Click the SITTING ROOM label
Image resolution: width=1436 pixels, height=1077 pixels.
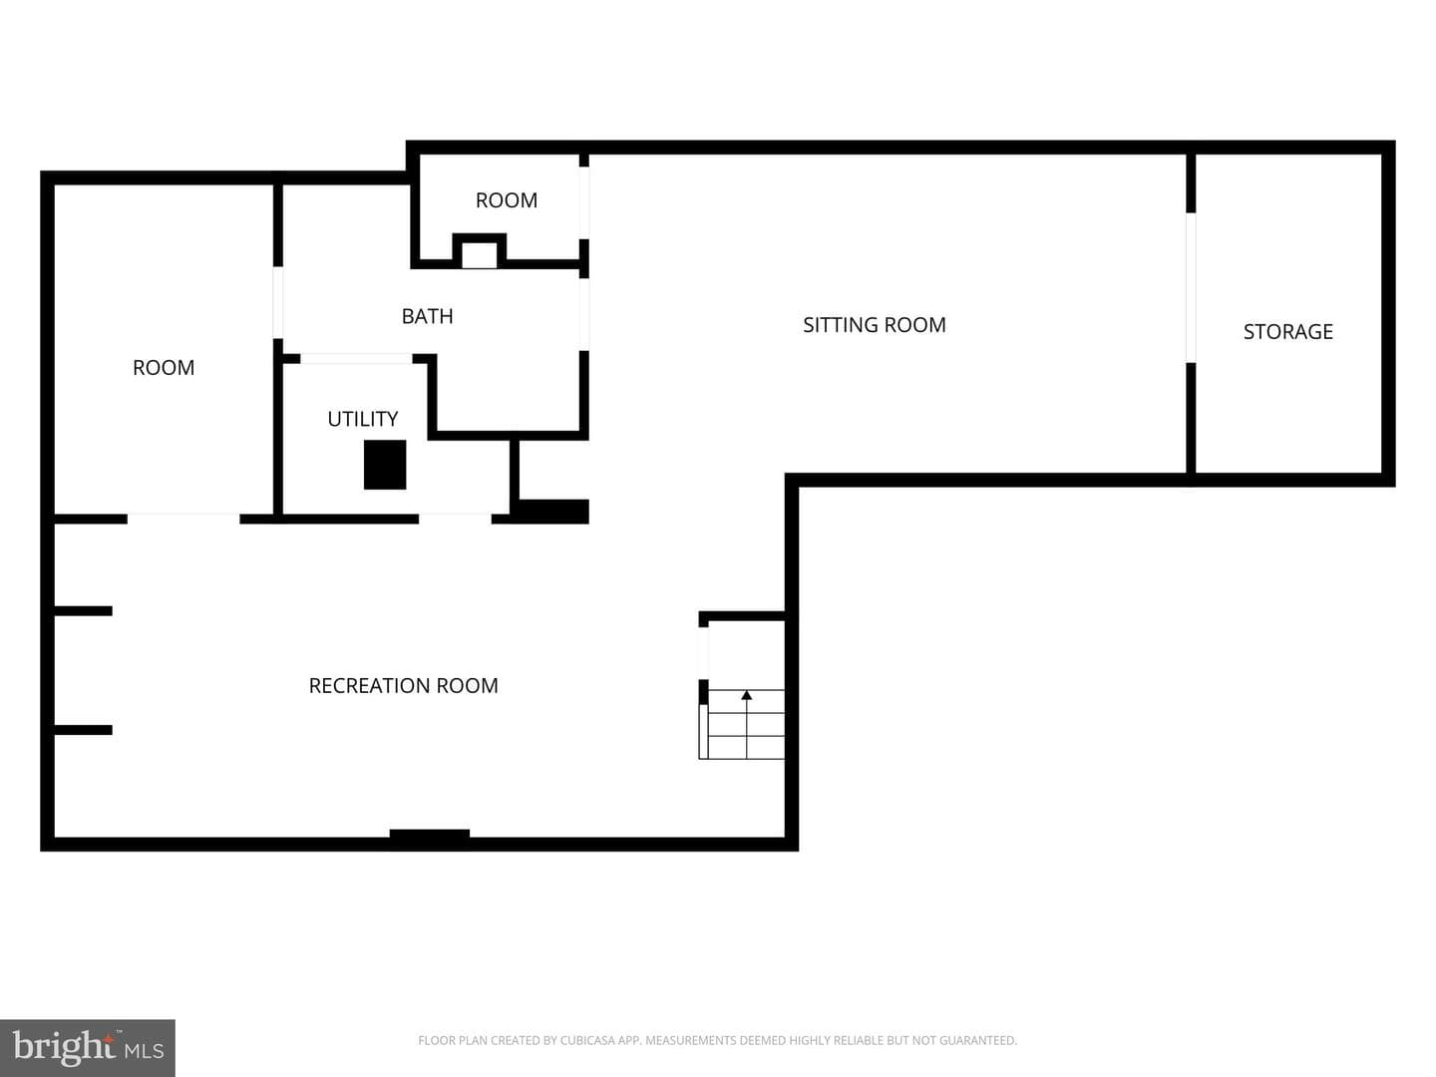pyautogui.click(x=874, y=325)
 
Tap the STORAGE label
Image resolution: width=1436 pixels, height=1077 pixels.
pyautogui.click(x=1287, y=331)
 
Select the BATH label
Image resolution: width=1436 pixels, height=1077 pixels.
pyautogui.click(x=427, y=316)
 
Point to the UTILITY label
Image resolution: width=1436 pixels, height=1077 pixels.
pyautogui.click(x=362, y=419)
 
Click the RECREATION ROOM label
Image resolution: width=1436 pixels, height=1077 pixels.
pyautogui.click(x=403, y=685)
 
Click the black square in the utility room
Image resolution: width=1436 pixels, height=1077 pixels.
pyautogui.click(x=385, y=465)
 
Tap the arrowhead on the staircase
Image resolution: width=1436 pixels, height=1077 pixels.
pyautogui.click(x=747, y=695)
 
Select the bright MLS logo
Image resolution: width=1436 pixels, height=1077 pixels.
pyautogui.click(x=88, y=1047)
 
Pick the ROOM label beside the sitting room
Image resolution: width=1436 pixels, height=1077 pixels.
pyautogui.click(x=507, y=200)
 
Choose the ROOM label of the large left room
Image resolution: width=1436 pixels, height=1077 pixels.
pyautogui.click(x=164, y=368)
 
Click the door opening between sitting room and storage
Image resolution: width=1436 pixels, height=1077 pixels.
pyautogui.click(x=1191, y=287)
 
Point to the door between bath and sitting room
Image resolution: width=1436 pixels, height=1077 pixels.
pyautogui.click(x=584, y=314)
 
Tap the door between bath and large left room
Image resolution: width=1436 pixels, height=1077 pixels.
pyautogui.click(x=278, y=302)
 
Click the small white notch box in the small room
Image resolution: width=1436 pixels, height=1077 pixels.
pyautogui.click(x=480, y=255)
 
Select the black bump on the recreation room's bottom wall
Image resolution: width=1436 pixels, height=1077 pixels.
pyautogui.click(x=429, y=833)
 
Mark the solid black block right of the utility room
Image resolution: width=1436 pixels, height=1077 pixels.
pyautogui.click(x=552, y=512)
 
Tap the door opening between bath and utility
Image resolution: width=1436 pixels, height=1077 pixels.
pyautogui.click(x=356, y=358)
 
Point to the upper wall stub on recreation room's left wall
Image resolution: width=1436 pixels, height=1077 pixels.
pyautogui.click(x=83, y=610)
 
